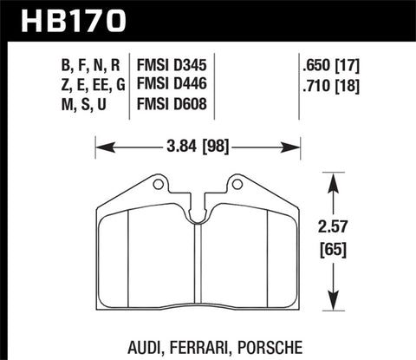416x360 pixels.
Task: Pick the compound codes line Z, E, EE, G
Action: (x=85, y=84)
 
